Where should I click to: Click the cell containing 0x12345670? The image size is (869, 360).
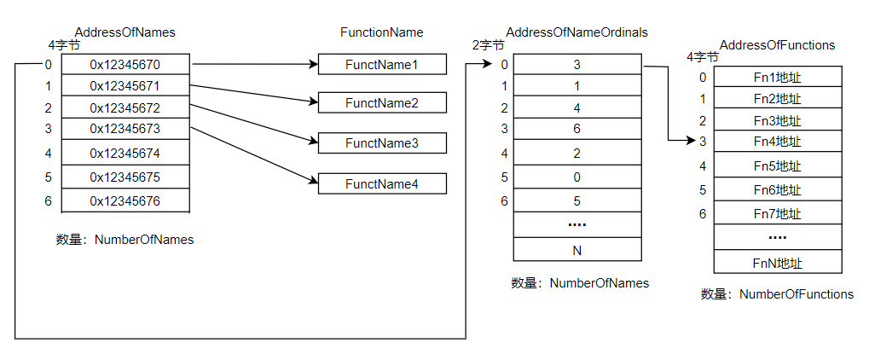[x=125, y=65]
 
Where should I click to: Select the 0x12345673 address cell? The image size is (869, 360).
[x=125, y=129]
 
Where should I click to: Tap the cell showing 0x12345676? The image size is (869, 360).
[x=125, y=201]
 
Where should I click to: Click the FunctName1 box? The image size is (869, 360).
[x=382, y=65]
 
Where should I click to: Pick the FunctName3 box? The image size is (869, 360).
[x=382, y=143]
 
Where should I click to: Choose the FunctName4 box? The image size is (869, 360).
[x=382, y=183]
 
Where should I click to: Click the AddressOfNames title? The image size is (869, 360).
[x=125, y=32]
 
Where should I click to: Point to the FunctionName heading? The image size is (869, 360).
[x=381, y=32]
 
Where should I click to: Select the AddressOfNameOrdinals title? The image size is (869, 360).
[x=576, y=32]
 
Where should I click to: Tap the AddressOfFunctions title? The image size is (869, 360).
[x=777, y=44]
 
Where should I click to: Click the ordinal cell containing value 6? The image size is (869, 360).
[x=577, y=129]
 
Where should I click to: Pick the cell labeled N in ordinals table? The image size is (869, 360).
[x=577, y=250]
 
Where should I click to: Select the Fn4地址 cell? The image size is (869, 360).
[x=777, y=142]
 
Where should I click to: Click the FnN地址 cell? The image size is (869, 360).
[x=777, y=264]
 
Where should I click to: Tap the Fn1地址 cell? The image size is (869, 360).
[x=777, y=78]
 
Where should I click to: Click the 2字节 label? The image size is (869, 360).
[x=488, y=45]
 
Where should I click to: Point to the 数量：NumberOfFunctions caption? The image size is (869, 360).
[x=777, y=294]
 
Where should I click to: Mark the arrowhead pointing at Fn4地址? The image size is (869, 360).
[x=707, y=141]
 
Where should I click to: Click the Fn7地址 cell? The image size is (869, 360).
[x=777, y=213]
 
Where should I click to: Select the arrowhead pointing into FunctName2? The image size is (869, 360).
[x=313, y=102]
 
